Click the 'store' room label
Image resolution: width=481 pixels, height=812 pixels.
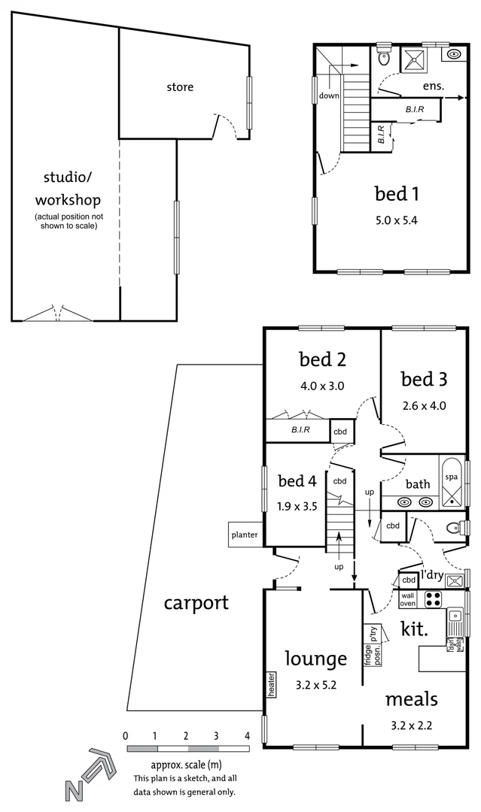180,87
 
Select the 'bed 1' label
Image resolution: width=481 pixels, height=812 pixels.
397,194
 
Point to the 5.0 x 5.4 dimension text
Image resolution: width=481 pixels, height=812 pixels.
397,221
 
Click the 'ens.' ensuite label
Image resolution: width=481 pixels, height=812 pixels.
433,86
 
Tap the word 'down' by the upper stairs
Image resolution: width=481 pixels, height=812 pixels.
329,95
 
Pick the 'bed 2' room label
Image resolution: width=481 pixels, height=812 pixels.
322,359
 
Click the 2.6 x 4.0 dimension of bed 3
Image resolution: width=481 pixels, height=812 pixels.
423,405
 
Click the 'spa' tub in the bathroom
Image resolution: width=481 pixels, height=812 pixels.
452,477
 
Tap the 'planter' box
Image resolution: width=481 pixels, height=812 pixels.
245,535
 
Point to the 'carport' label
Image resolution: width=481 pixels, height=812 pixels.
196,602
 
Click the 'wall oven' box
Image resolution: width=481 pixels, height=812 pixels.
407,598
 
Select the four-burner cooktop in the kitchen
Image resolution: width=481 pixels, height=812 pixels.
434,598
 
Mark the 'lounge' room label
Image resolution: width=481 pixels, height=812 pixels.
315,659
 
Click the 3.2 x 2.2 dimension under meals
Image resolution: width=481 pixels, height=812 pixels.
410,726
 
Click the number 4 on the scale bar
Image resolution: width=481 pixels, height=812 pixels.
248,735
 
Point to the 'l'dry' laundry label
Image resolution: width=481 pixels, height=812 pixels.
431,575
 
